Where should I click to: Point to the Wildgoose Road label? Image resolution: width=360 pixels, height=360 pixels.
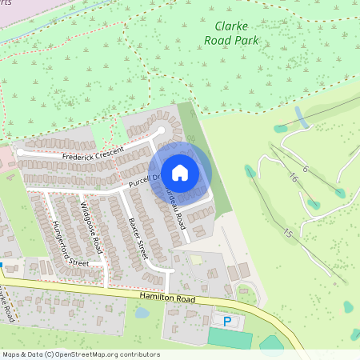tap(91, 226)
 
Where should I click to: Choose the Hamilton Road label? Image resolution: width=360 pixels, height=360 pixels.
tap(167, 298)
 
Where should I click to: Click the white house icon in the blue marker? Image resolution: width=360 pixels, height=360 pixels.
tap(181, 172)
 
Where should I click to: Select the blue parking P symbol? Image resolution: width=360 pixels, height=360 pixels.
tap(227, 322)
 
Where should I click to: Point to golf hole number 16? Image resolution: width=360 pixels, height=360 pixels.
tap(294, 178)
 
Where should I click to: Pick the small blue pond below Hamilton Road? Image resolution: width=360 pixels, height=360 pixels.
tap(142, 313)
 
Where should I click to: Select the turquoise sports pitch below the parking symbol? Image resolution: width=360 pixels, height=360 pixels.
tap(229, 337)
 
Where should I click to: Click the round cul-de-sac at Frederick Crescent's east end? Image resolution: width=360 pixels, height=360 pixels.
tap(160, 130)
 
